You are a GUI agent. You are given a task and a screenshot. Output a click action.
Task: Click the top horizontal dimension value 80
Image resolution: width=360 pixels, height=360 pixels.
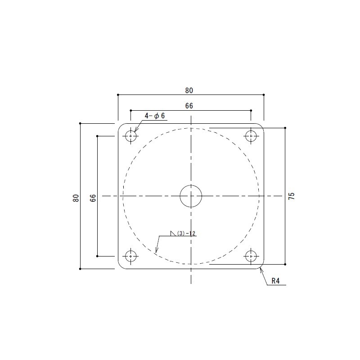click(x=189, y=91)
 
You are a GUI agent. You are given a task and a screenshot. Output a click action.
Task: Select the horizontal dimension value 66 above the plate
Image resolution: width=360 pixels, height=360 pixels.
click(x=189, y=106)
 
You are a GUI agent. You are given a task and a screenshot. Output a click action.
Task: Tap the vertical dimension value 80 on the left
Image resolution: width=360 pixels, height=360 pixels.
click(x=76, y=198)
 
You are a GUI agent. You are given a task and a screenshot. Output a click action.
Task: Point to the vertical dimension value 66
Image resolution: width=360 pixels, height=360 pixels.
click(x=93, y=198)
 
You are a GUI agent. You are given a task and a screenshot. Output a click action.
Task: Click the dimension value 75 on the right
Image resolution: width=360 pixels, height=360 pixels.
click(x=291, y=196)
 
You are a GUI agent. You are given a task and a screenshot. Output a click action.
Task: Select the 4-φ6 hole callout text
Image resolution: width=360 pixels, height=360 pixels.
click(x=154, y=116)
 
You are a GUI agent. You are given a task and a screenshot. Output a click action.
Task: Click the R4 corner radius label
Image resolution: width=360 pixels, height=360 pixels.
click(x=275, y=281)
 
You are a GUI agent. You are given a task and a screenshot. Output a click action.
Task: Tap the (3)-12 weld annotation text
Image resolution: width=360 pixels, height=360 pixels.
click(x=186, y=234)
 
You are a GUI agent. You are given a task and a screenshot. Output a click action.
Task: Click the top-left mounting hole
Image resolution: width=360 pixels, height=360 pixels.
click(x=131, y=136)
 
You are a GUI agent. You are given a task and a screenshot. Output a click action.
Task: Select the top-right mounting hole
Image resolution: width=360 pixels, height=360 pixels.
click(x=251, y=136)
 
